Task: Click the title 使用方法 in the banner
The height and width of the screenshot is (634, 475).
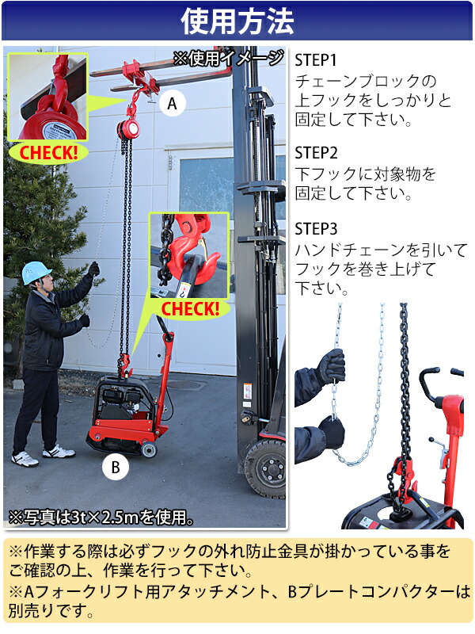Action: pyautogui.click(x=237, y=21)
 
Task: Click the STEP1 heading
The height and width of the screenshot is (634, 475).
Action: pyautogui.click(x=315, y=60)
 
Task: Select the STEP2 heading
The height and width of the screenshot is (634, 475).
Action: pyautogui.click(x=316, y=153)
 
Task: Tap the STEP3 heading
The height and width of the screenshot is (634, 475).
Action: pyautogui.click(x=316, y=229)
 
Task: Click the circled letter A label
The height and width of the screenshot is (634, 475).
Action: pyautogui.click(x=171, y=102)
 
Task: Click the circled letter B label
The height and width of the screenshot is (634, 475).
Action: pyautogui.click(x=116, y=468)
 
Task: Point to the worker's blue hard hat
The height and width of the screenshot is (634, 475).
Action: pyautogui.click(x=36, y=272)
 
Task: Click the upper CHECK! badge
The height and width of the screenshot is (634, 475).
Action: pyautogui.click(x=48, y=151)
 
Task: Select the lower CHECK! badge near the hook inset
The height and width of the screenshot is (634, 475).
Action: pyautogui.click(x=190, y=307)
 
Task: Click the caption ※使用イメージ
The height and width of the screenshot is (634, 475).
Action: pyautogui.click(x=229, y=58)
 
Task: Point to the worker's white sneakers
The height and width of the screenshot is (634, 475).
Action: pyautogui.click(x=44, y=454)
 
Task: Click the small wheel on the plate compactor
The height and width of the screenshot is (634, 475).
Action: pyautogui.click(x=147, y=450)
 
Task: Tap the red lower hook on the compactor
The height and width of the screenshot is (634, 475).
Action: pyautogui.click(x=124, y=365)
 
